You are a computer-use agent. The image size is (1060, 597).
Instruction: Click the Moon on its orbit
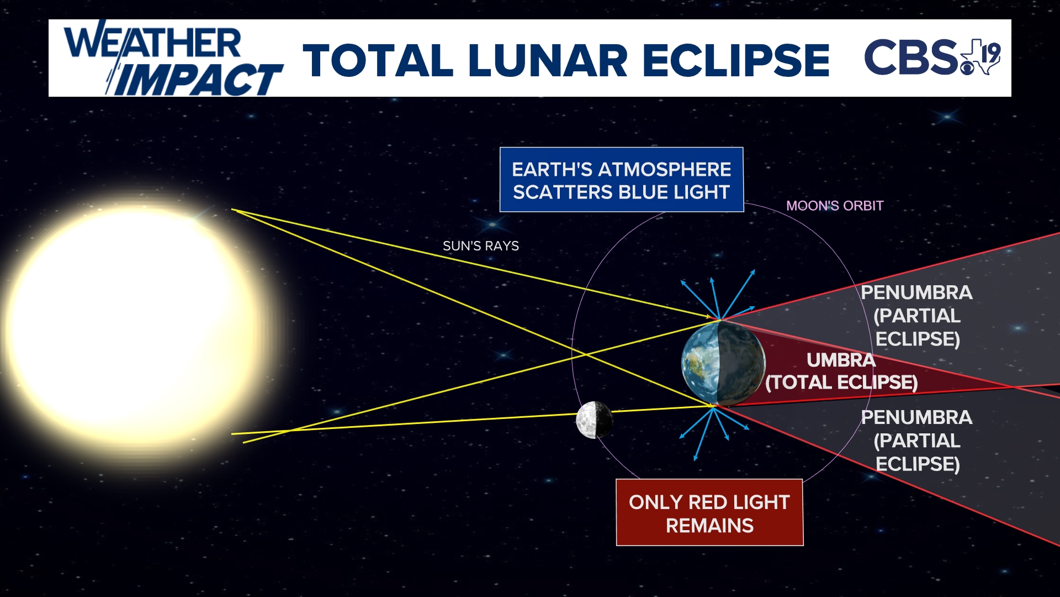pos(594,420)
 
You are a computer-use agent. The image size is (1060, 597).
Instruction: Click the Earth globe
pos(723,364)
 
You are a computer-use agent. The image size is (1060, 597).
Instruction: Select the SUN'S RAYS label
pos(480,246)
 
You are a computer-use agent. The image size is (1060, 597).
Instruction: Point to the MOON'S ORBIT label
pos(834,206)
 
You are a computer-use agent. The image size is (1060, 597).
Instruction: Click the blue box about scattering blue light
pos(621,180)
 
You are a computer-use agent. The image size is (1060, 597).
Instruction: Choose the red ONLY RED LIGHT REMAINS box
pos(709,512)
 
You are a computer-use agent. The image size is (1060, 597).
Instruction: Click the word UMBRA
pos(841,360)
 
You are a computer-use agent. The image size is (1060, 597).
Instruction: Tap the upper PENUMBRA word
pos(916,292)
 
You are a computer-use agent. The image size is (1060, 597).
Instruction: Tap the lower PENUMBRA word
pos(916,417)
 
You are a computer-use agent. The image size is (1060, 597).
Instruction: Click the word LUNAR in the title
pos(548,60)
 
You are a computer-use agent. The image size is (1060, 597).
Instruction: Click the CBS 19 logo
pos(932,56)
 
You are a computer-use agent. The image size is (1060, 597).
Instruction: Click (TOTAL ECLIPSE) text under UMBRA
pos(841,383)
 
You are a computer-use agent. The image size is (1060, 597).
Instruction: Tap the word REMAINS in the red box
pos(709,525)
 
